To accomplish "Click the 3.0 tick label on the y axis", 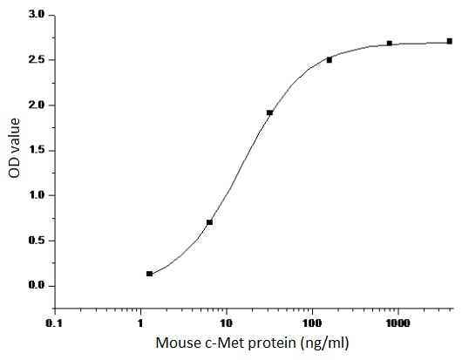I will coord(37,15).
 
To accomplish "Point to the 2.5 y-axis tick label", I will coord(37,60).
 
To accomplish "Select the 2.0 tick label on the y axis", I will coord(37,105).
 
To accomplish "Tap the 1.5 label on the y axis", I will coord(37,151).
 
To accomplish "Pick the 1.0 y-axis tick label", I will coord(37,195).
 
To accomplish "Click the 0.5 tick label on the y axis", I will coord(37,241).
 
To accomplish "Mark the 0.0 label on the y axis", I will coord(37,286).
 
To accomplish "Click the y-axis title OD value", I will coord(14,151).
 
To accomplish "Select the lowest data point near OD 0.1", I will coord(149,274).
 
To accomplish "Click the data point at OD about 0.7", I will coord(209,222).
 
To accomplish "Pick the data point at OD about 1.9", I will coord(269,112).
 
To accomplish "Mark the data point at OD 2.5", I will coord(330,60).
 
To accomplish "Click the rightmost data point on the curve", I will coord(449,41).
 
